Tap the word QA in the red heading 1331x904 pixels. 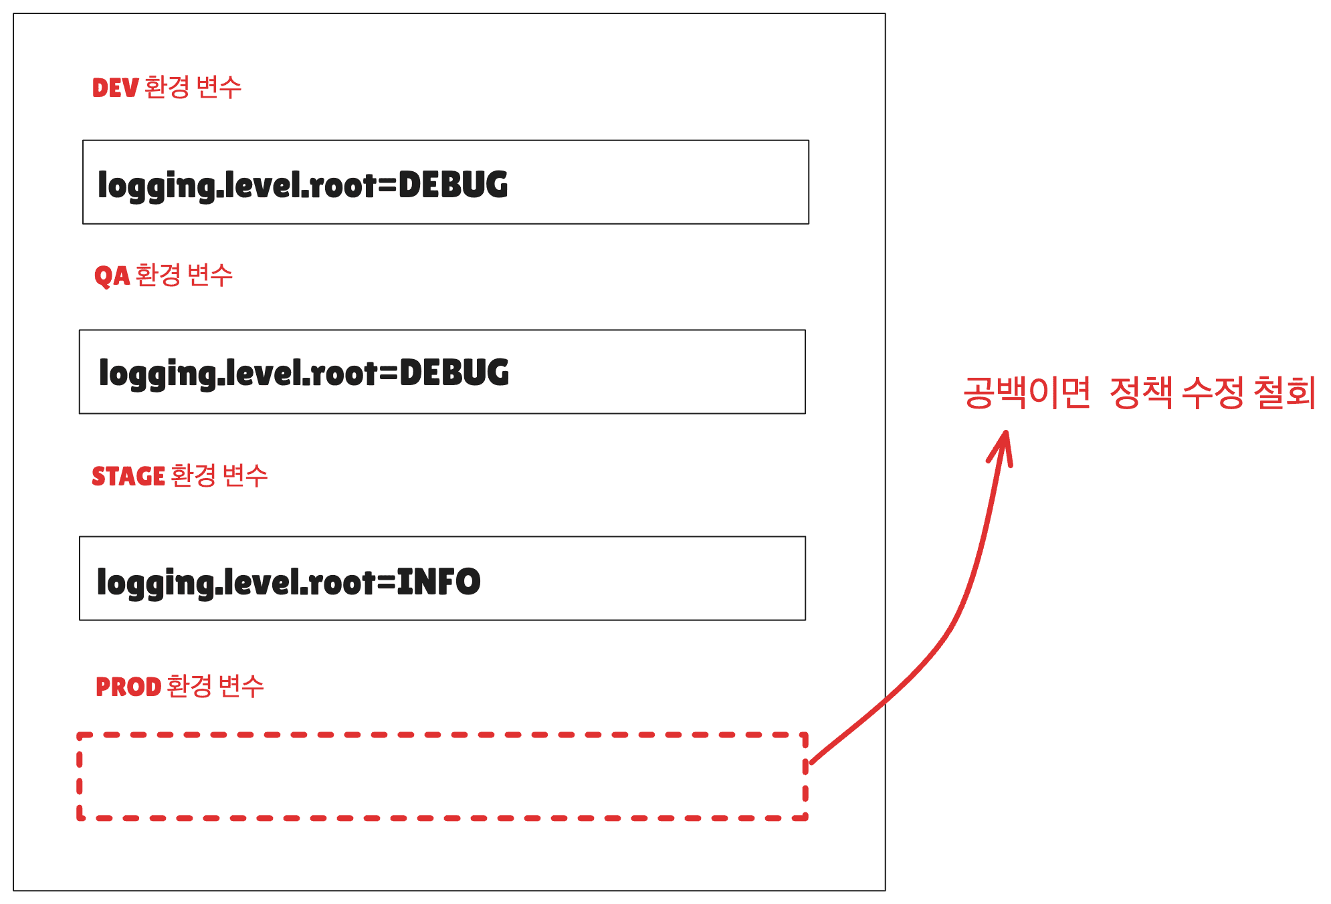pos(112,275)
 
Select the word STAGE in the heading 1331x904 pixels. pos(128,476)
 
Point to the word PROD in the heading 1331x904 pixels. pos(128,687)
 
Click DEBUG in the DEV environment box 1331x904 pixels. pos(453,185)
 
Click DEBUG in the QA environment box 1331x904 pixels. pos(454,372)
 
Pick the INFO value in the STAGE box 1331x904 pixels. pos(439,581)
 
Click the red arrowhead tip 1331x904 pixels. pos(1005,433)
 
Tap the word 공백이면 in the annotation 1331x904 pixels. pos(1027,392)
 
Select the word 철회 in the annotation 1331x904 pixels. pos(1284,392)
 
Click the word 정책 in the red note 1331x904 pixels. pos(1140,392)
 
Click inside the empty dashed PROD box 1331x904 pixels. pos(441,776)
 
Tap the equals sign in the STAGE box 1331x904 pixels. pos(387,582)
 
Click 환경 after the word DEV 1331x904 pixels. pos(167,87)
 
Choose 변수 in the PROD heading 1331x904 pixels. pos(241,686)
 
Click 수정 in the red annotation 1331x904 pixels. pos(1213,392)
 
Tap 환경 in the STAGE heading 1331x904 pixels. pos(193,475)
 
